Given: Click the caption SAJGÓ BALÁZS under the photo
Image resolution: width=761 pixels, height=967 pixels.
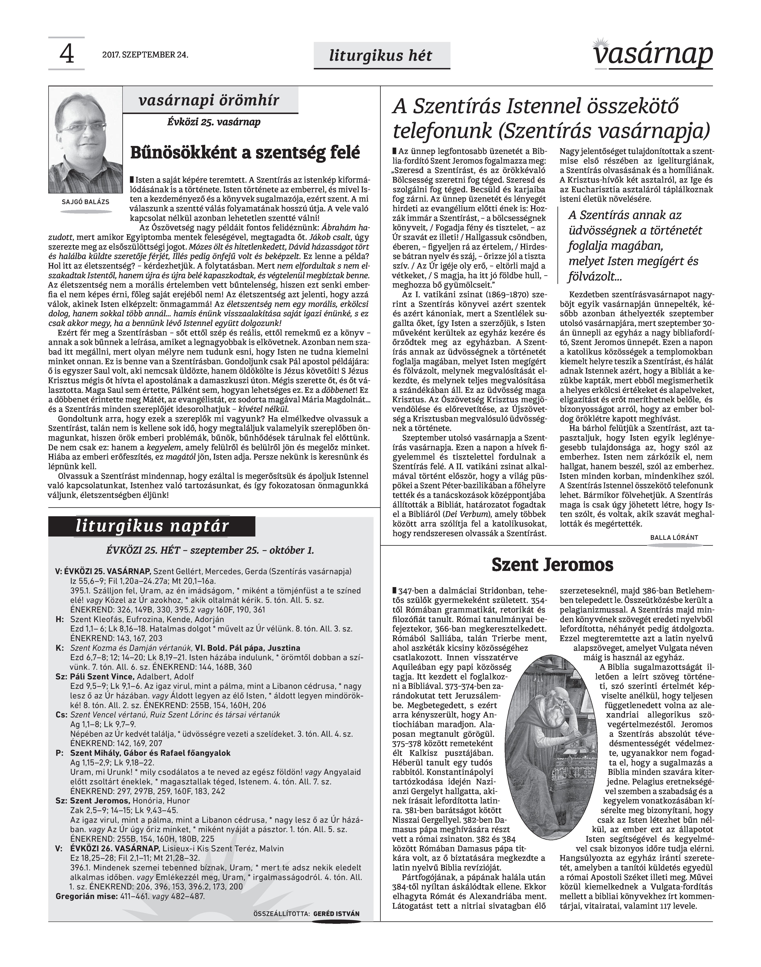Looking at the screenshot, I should (85, 202).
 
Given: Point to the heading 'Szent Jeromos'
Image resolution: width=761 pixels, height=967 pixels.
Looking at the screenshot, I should (553, 565).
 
